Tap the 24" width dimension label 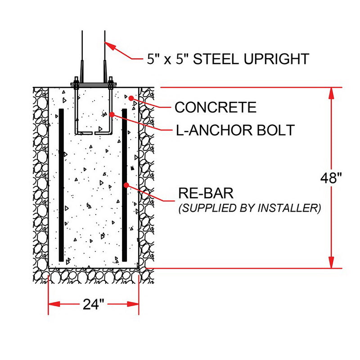(x=94, y=304)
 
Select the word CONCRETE (x=216, y=108)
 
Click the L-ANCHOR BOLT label (x=235, y=130)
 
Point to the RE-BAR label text (x=206, y=194)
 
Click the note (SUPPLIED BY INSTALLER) (x=250, y=208)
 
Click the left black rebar (x=61, y=184)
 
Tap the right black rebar (x=125, y=184)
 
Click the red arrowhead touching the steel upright (x=111, y=47)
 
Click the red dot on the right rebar (x=127, y=184)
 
